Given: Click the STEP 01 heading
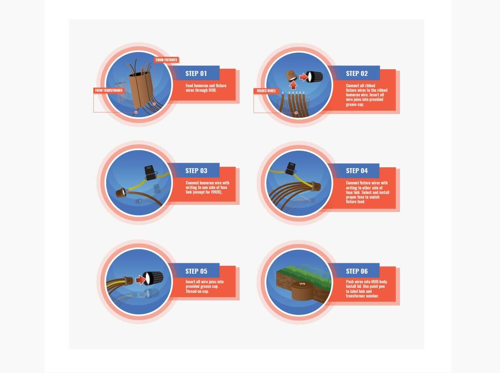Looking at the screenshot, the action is pyautogui.click(x=196, y=73).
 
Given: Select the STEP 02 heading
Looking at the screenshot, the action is pyautogui.click(x=357, y=73).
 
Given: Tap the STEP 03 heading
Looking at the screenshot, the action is pyautogui.click(x=196, y=171).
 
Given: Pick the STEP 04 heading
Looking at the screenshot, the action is pyautogui.click(x=357, y=171).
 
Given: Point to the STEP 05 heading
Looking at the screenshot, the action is pyautogui.click(x=196, y=271).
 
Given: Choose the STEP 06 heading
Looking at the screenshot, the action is pyautogui.click(x=357, y=271).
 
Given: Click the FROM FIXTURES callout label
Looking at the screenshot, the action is pyautogui.click(x=166, y=60).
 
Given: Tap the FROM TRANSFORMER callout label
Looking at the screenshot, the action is pyautogui.click(x=109, y=91).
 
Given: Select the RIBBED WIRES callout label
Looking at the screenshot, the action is pyautogui.click(x=266, y=91).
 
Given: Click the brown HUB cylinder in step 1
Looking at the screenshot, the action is pyautogui.click(x=141, y=89).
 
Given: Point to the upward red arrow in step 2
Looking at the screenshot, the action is pyautogui.click(x=293, y=85).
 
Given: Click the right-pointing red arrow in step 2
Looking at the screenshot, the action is pyautogui.click(x=304, y=77).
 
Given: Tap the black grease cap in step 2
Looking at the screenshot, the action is pyautogui.click(x=314, y=77).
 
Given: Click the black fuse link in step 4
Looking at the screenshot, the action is pyautogui.click(x=290, y=168).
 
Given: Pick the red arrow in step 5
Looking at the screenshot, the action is pyautogui.click(x=140, y=280).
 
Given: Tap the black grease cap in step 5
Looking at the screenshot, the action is pyautogui.click(x=153, y=279).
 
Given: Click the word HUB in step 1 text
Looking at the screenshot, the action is pyautogui.click(x=212, y=90).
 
